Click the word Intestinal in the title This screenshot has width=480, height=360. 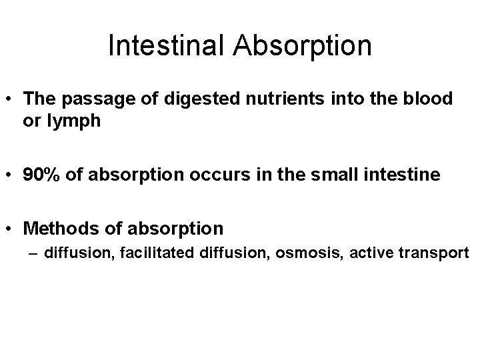(x=167, y=46)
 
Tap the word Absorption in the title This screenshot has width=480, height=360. (x=303, y=46)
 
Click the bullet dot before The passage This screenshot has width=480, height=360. (x=11, y=99)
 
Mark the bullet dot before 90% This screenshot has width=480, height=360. (x=11, y=175)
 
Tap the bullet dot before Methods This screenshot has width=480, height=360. (x=11, y=229)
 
